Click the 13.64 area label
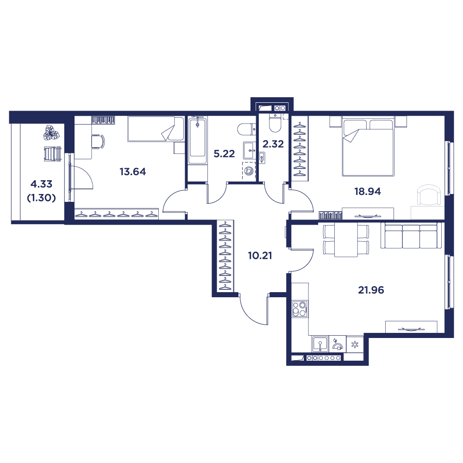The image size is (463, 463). click(x=132, y=172)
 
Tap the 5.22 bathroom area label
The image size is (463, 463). click(x=224, y=154)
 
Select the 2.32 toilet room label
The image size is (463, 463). click(x=273, y=144)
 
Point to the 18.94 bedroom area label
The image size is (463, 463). click(x=368, y=191)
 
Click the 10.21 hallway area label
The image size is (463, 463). click(x=260, y=256)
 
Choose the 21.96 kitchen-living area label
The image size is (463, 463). click(x=371, y=290)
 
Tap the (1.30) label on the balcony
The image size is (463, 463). click(x=41, y=198)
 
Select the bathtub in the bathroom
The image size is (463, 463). click(x=198, y=140)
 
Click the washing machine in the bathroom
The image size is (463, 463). click(x=249, y=170)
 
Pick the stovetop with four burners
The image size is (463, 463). click(x=300, y=309)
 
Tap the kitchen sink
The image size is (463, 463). click(x=320, y=344)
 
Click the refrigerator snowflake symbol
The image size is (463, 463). click(x=355, y=344)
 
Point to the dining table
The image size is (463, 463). click(x=346, y=239)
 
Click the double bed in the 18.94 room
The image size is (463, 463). click(x=368, y=146)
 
